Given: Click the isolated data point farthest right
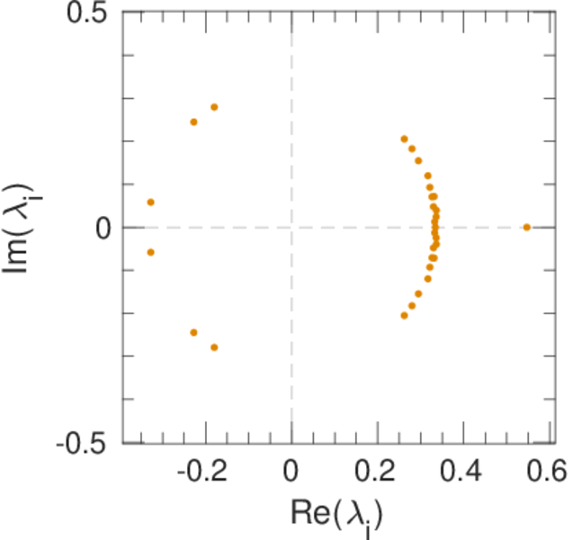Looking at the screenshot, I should pos(526,227).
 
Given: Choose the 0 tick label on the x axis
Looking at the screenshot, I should pos(291,471).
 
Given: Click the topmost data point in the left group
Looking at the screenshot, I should pos(214,107).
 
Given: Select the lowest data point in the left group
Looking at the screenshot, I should pos(214,347).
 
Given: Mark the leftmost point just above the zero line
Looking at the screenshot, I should pos(150,202).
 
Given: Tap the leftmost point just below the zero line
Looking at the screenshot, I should pos(150,252).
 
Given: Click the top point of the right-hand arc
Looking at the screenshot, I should pos(404,139).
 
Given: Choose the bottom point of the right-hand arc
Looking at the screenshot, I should pos(404,315).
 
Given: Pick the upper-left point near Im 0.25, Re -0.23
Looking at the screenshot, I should pos(193,121).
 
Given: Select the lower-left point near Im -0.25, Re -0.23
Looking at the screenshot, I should pos(193,332).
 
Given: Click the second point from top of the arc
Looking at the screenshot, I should pos(412,148).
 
